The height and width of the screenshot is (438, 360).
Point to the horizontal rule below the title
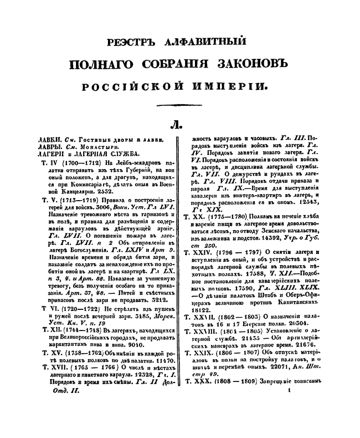(x=180, y=105)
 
